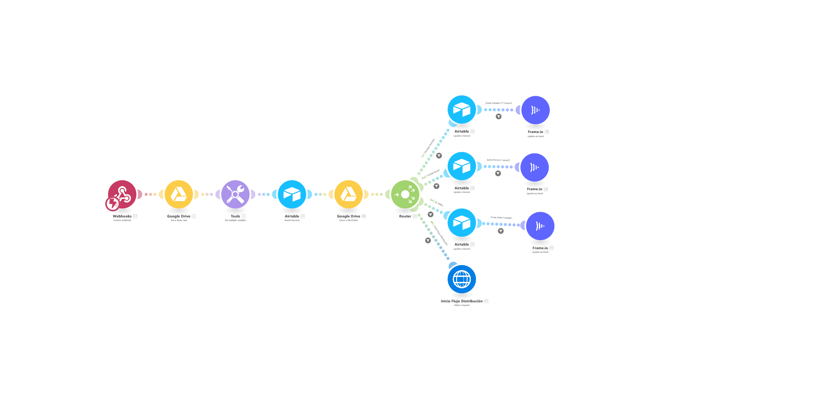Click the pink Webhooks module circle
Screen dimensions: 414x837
pos(122,194)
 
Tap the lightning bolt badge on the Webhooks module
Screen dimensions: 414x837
pos(112,204)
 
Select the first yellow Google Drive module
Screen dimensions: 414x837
pos(179,194)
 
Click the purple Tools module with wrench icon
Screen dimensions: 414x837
pos(235,194)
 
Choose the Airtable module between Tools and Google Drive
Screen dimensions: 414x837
pos(292,194)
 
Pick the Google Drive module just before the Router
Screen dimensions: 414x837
pos(349,194)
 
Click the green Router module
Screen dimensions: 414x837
pos(405,194)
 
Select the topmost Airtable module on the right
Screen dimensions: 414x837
pos(462,109)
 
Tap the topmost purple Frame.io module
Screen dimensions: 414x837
pos(535,110)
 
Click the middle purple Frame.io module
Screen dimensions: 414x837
pos(534,167)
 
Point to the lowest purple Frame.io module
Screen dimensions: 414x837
pos(540,226)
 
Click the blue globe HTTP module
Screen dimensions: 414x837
pos(462,279)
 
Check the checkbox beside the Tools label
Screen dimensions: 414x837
pos(244,216)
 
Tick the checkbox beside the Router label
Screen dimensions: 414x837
pos(415,216)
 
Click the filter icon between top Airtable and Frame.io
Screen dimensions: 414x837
pos(498,117)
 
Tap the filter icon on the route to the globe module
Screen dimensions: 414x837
pos(428,241)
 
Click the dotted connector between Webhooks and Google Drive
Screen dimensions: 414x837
pos(150,194)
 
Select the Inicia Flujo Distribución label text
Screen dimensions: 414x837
pos(461,301)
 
